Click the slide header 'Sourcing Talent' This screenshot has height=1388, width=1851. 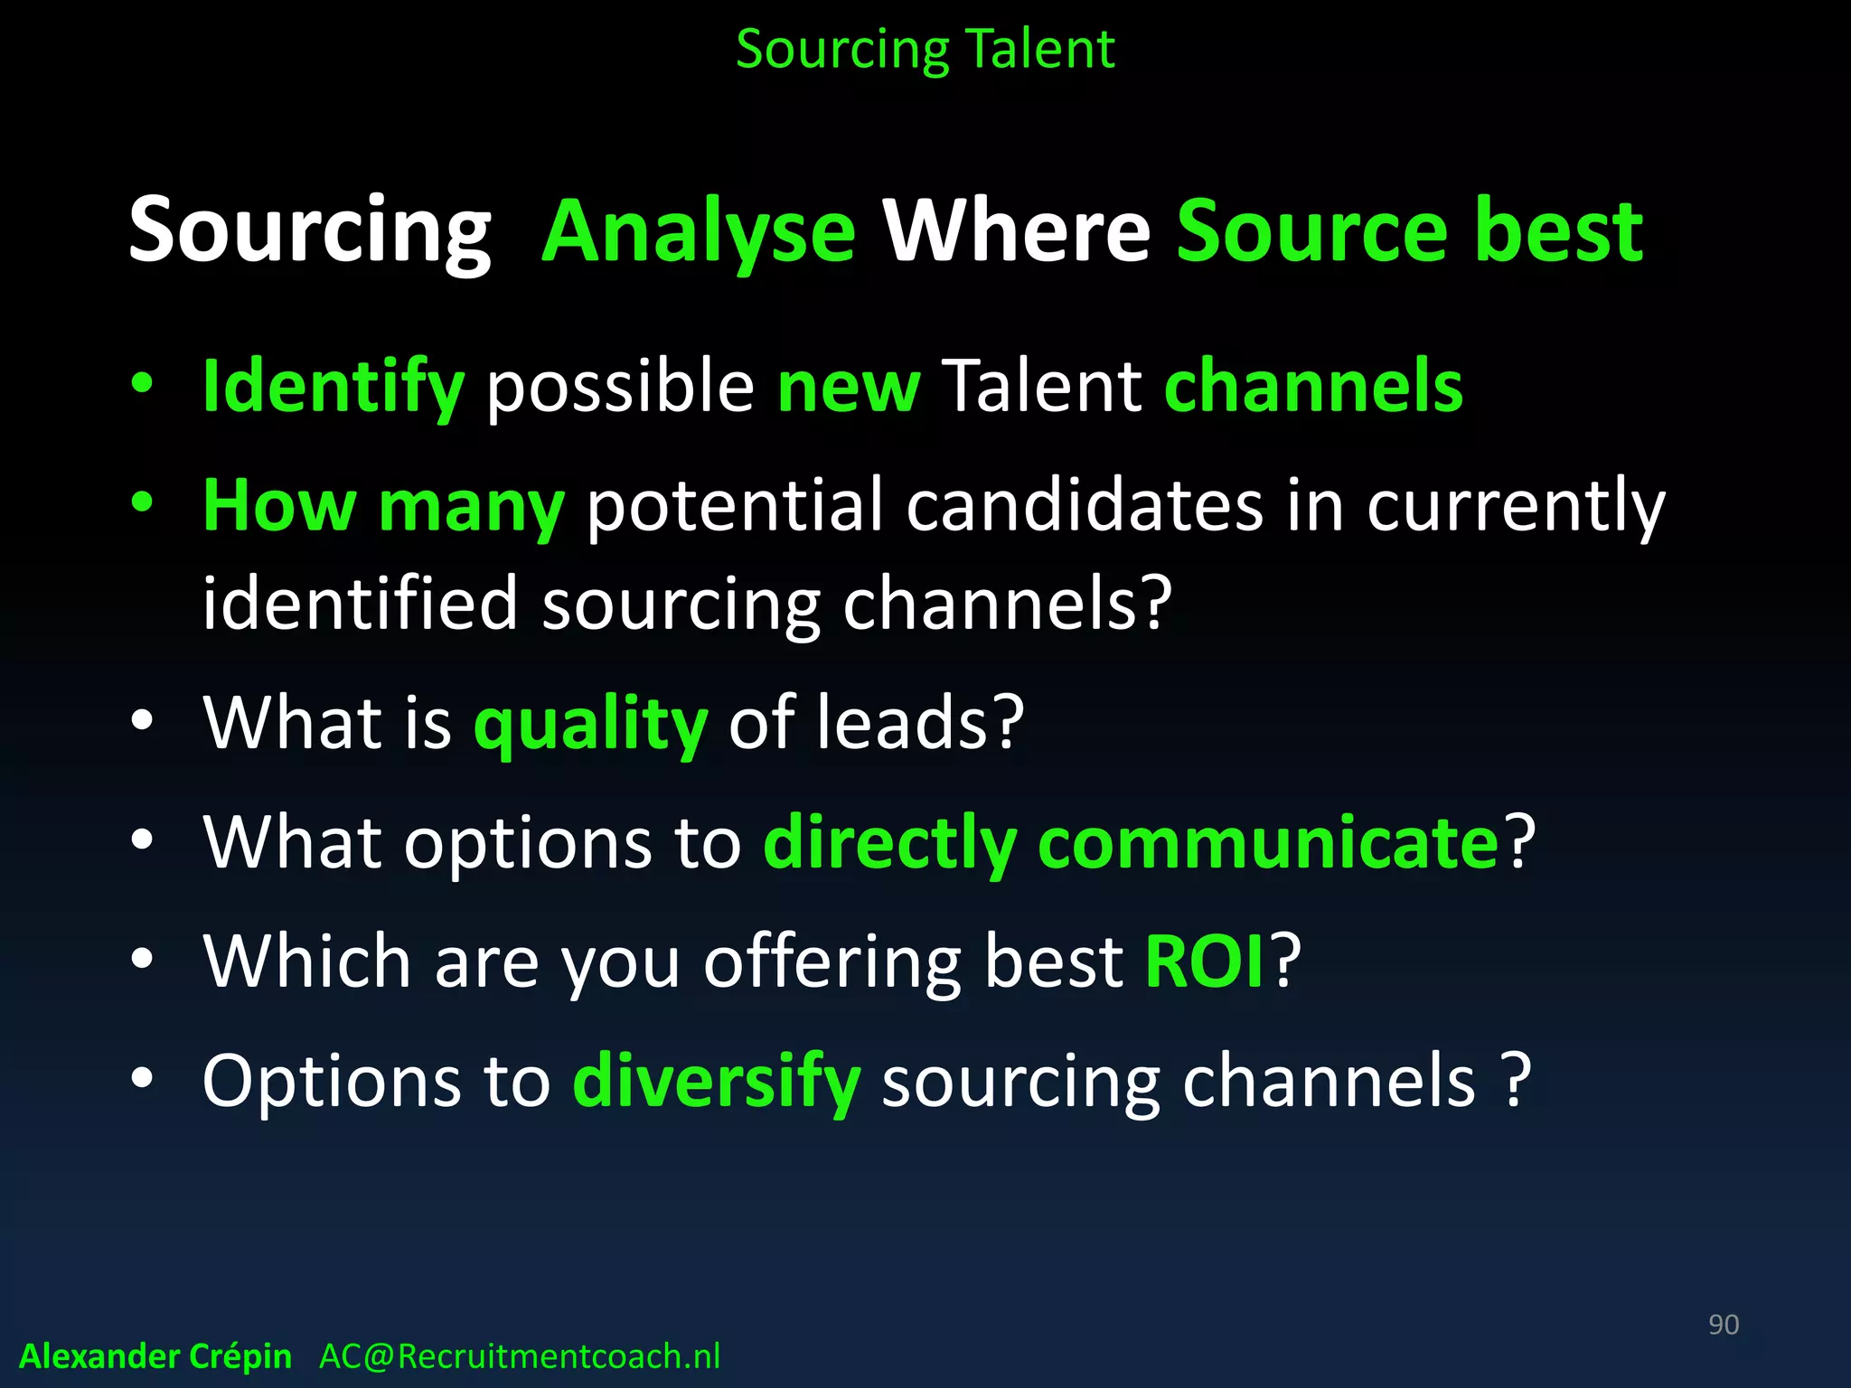925,50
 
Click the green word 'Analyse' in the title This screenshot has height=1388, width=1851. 698,232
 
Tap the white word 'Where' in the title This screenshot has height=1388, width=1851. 1016,232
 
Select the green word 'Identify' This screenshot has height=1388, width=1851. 333,387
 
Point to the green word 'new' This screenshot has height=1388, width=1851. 849,387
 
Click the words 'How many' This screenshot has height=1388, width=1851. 383,506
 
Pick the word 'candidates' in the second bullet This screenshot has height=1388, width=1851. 1084,506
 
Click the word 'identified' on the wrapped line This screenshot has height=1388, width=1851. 360,604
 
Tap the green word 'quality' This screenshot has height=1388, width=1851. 590,724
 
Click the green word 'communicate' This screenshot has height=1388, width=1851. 1268,842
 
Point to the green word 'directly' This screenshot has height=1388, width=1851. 890,842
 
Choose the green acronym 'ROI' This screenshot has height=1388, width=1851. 1205,961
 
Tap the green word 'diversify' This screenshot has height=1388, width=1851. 716,1082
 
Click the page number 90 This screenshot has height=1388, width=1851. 1723,1325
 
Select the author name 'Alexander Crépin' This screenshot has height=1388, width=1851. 155,1356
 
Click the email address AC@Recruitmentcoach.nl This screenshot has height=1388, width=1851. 520,1356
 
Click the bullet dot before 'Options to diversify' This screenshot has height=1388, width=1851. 142,1079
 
